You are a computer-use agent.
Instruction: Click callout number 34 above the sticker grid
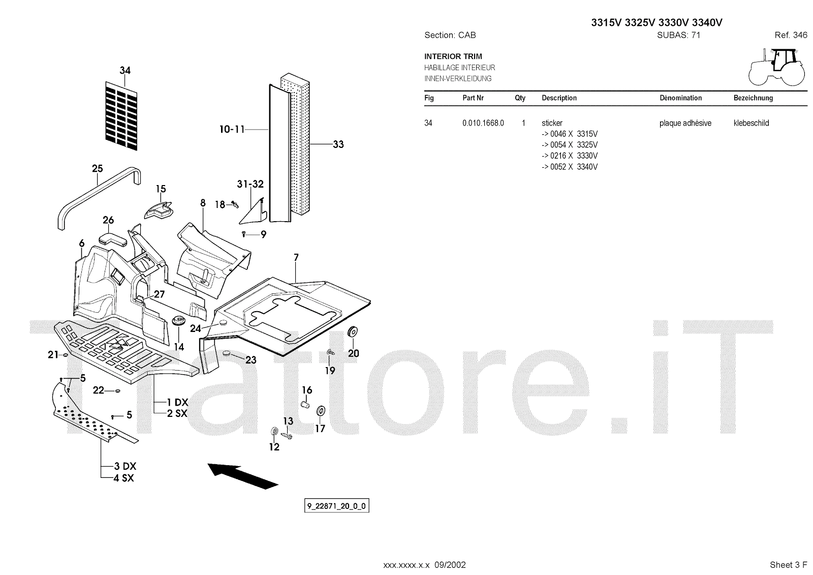point(125,70)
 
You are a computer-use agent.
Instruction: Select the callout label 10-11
point(232,130)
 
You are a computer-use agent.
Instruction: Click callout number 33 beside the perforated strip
point(338,144)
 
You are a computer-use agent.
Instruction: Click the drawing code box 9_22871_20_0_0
point(336,506)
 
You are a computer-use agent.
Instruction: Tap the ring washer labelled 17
point(321,411)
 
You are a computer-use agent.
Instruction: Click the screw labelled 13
point(287,435)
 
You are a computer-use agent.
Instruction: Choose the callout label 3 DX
point(125,466)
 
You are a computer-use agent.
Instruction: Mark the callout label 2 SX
point(177,413)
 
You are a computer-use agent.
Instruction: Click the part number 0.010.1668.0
point(483,123)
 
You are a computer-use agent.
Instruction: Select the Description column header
point(559,98)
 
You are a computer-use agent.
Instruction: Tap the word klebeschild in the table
point(751,123)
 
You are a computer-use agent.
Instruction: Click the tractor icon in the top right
point(776,67)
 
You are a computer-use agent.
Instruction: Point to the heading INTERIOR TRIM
point(453,56)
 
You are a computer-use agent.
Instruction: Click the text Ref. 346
point(791,35)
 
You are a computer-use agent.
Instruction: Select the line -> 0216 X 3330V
point(570,156)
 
